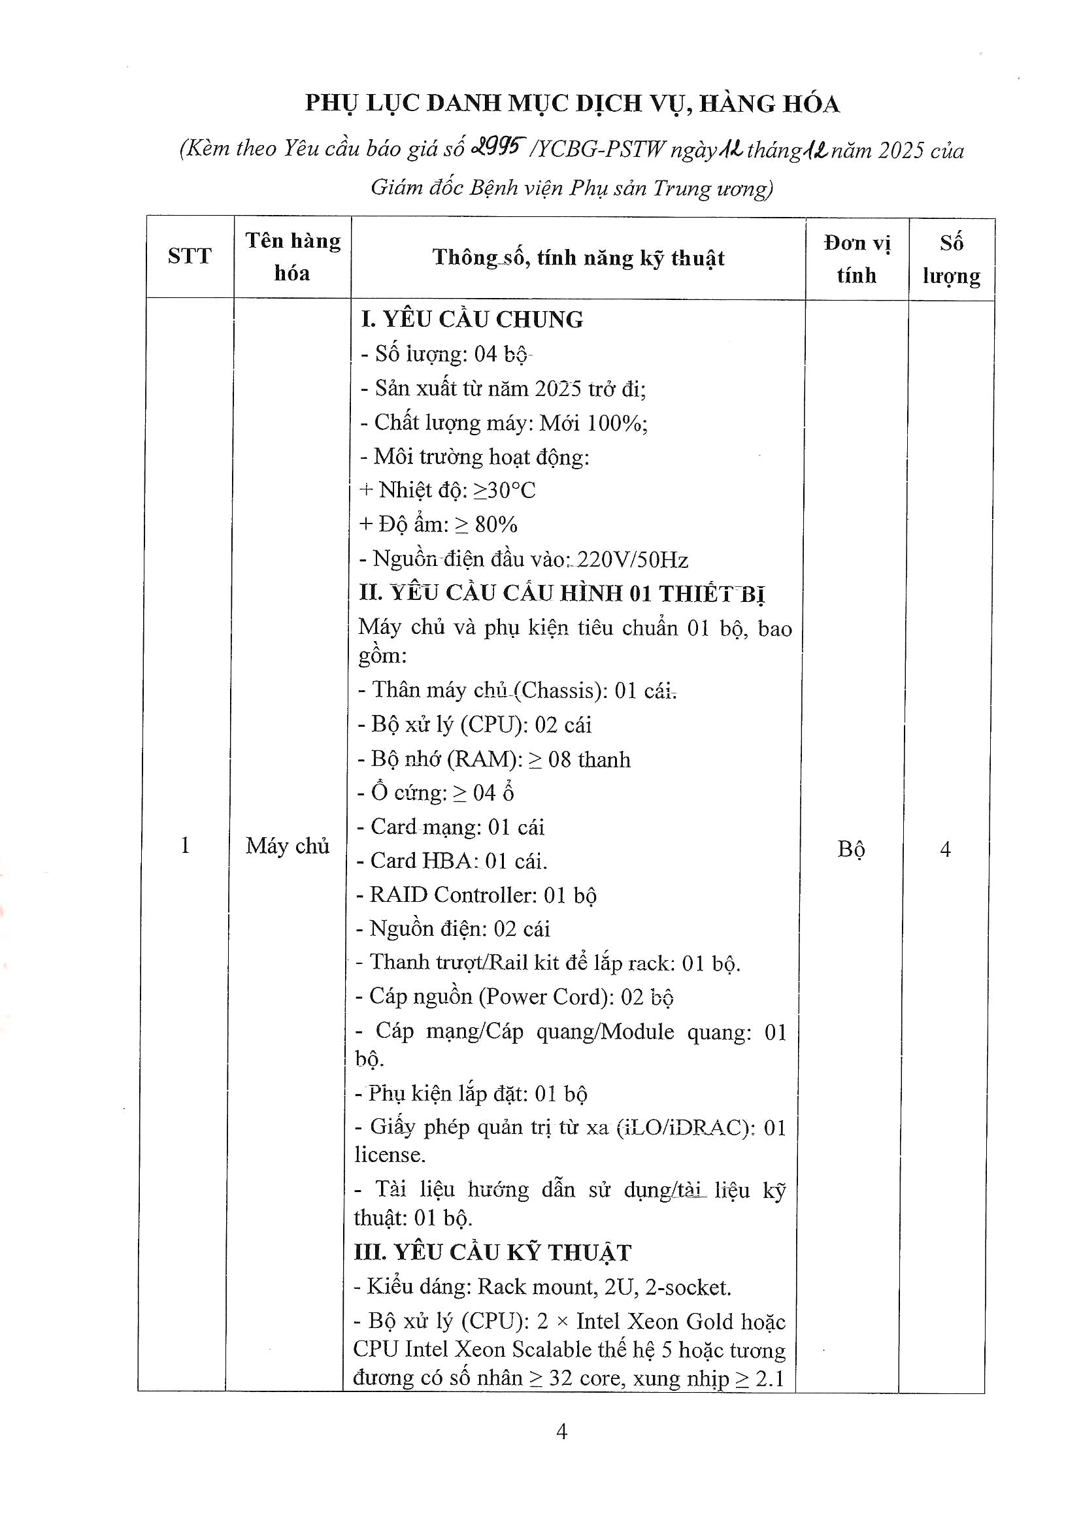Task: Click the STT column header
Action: tap(189, 256)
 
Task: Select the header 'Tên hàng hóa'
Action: tap(292, 256)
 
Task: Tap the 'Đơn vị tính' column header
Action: tap(856, 259)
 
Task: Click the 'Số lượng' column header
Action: tap(951, 259)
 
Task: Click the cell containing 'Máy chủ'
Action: tap(287, 846)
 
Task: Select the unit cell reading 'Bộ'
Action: tap(851, 849)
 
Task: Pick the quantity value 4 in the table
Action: tap(944, 849)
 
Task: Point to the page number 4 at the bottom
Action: tap(561, 1431)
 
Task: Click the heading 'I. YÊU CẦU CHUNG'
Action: tap(471, 320)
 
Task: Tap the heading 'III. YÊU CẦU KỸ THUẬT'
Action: tap(492, 1252)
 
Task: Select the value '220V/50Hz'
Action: tap(633, 559)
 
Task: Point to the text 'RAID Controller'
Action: tap(454, 895)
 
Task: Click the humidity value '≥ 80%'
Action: tap(486, 524)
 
